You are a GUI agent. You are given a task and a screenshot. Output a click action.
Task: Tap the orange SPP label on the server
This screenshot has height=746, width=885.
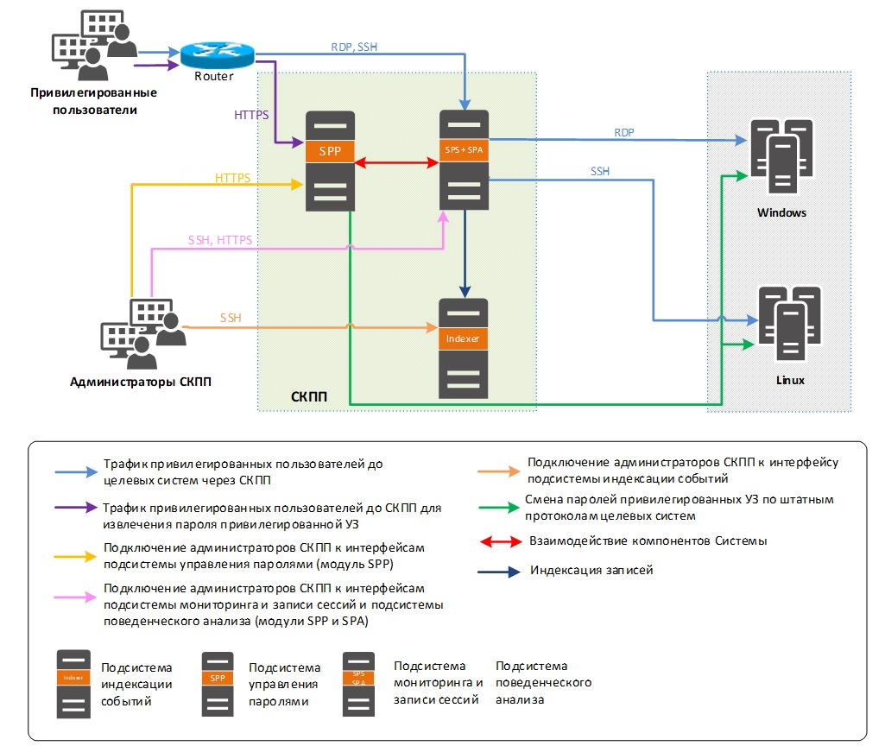[329, 151]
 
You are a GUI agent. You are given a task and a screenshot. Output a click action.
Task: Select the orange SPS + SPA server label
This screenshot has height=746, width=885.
[465, 151]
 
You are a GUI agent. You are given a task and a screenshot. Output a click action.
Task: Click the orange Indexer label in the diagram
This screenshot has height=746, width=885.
[463, 338]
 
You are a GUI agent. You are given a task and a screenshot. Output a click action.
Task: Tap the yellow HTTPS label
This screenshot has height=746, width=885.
[232, 178]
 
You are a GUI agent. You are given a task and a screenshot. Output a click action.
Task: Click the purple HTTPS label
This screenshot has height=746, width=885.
[251, 114]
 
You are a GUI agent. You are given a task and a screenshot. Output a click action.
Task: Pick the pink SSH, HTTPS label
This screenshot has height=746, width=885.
[220, 240]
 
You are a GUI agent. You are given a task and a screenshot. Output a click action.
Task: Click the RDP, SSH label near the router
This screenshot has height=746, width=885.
[354, 47]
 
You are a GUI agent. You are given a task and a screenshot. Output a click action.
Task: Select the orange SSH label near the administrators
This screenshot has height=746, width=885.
[231, 318]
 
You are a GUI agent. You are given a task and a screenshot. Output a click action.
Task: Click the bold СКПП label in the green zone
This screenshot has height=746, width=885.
[309, 396]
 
